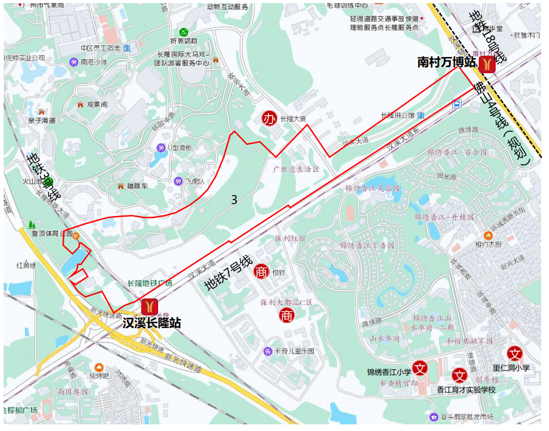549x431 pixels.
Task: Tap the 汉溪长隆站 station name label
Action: pyautogui.click(x=151, y=323)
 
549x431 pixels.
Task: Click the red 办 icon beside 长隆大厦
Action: pyautogui.click(x=269, y=119)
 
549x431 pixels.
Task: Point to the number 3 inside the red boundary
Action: pyautogui.click(x=234, y=199)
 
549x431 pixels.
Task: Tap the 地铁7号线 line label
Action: pyautogui.click(x=228, y=274)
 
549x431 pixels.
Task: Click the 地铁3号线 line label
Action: pyautogui.click(x=43, y=177)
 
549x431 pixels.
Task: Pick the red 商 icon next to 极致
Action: pyautogui.click(x=261, y=272)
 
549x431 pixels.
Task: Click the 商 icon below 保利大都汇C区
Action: pyautogui.click(x=287, y=315)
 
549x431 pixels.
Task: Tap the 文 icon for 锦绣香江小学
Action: pyautogui.click(x=421, y=368)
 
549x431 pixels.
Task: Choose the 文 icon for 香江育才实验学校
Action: pyautogui.click(x=459, y=375)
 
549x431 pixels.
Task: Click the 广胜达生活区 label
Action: pyautogui.click(x=296, y=169)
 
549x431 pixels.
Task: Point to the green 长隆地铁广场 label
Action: pyautogui.click(x=150, y=283)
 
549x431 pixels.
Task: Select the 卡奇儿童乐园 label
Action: pyautogui.click(x=293, y=351)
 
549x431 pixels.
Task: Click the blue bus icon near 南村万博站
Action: pyautogui.click(x=456, y=104)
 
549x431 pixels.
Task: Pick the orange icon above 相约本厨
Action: pyautogui.click(x=488, y=235)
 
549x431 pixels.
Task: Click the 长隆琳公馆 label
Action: pyautogui.click(x=398, y=115)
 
